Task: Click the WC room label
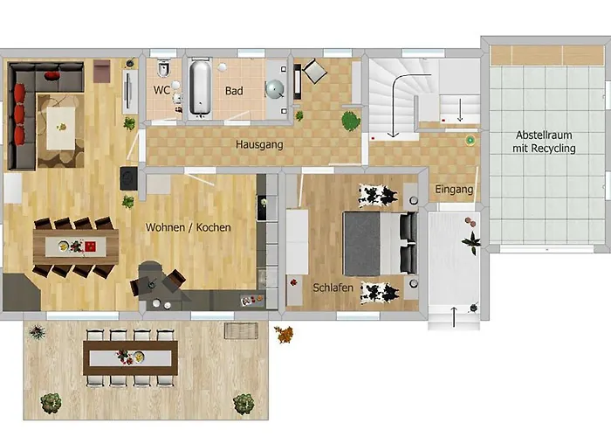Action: (x=162, y=90)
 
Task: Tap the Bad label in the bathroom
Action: (x=234, y=90)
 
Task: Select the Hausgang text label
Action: (x=259, y=144)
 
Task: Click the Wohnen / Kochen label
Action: (x=189, y=227)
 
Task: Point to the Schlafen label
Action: (x=333, y=286)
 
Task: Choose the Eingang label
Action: (x=453, y=189)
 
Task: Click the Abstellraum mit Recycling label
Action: (x=546, y=142)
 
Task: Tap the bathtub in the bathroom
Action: (x=200, y=87)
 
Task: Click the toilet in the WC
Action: (x=163, y=69)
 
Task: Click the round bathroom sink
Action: (x=277, y=89)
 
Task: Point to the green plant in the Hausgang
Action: (x=351, y=120)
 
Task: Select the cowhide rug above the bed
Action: (x=378, y=193)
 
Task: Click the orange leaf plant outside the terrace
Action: (x=284, y=333)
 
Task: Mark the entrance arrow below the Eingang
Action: (x=453, y=316)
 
